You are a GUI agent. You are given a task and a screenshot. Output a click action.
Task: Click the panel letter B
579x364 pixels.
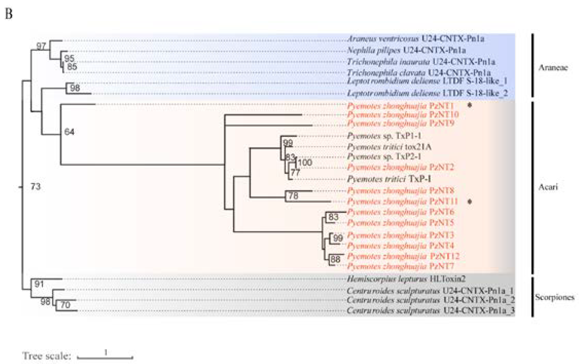click(x=9, y=14)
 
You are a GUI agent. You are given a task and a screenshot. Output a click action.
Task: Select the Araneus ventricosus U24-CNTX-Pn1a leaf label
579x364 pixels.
click(x=415, y=39)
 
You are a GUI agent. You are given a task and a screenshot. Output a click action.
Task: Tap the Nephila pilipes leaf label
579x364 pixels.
click(x=406, y=50)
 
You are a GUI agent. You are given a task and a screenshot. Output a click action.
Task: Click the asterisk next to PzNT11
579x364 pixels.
click(x=470, y=202)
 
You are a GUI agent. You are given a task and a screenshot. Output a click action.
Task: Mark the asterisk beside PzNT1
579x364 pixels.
click(x=470, y=105)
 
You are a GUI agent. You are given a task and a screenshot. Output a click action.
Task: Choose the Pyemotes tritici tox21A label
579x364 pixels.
click(x=389, y=147)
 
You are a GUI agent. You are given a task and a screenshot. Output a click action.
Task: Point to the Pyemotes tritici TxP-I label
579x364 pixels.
click(x=389, y=179)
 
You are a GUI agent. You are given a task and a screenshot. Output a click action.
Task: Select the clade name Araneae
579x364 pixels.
click(x=553, y=68)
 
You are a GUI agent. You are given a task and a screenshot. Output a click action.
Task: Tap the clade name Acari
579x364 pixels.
click(x=548, y=187)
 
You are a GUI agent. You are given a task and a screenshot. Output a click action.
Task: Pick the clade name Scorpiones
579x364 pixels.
click(x=555, y=297)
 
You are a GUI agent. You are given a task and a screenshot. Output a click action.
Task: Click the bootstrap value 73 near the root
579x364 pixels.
click(x=36, y=186)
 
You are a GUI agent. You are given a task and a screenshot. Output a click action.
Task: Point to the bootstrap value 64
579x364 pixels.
click(x=69, y=132)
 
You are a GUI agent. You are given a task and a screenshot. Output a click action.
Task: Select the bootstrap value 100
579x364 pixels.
click(x=305, y=162)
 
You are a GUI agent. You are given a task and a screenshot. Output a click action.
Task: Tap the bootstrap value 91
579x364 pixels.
click(x=39, y=284)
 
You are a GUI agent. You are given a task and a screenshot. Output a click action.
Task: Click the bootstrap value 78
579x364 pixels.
click(x=293, y=196)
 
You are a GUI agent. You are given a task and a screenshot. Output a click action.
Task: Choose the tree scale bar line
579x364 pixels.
click(x=105, y=357)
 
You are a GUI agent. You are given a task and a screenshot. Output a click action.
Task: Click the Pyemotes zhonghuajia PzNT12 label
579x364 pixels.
click(x=403, y=256)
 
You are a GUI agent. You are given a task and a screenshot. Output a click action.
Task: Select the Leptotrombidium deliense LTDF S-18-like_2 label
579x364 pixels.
click(x=427, y=93)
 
